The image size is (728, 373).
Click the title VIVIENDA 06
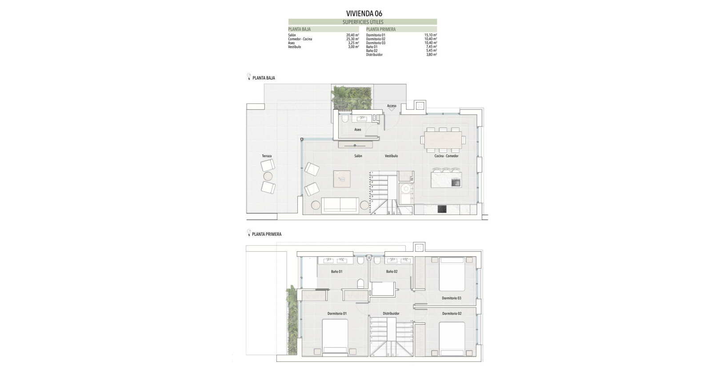[x=364, y=13]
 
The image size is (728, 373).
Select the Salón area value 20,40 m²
[x=352, y=35]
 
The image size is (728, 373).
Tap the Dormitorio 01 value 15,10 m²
[x=430, y=35]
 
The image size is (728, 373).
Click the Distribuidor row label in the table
[x=374, y=55]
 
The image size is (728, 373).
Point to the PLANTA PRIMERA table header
[x=381, y=29]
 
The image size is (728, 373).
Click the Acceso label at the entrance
[x=392, y=106]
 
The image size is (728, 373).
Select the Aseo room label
[x=358, y=130]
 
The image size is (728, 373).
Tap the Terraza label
[x=267, y=156]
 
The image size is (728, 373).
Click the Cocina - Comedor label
[x=446, y=156]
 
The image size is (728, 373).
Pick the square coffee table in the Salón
[x=342, y=179]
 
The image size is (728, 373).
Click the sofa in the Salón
[x=340, y=206]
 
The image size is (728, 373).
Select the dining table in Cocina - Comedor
[x=443, y=139]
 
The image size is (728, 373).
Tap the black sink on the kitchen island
[x=456, y=182]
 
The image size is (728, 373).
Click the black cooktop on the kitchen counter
[x=442, y=209]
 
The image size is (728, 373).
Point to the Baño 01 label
[x=336, y=271]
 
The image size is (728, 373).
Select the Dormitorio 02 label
[x=452, y=313]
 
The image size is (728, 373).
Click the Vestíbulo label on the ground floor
[x=391, y=156]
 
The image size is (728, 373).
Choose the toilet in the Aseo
[x=345, y=119]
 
